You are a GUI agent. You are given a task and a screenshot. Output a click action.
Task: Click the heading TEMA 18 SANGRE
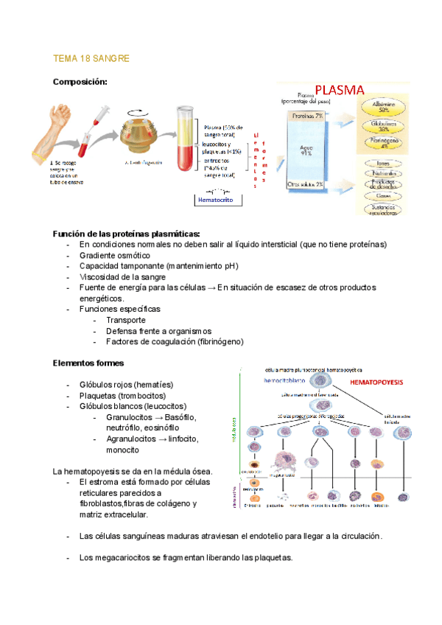[91, 58]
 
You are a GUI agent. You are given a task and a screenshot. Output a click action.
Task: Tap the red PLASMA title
[340, 90]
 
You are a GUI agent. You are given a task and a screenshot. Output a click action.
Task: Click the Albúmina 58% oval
[384, 107]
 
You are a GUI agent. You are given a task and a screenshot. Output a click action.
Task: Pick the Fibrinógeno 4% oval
[384, 142]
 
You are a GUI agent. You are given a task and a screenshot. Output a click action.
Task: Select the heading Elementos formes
[88, 363]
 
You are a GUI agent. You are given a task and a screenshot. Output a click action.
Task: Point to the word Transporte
[125, 320]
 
